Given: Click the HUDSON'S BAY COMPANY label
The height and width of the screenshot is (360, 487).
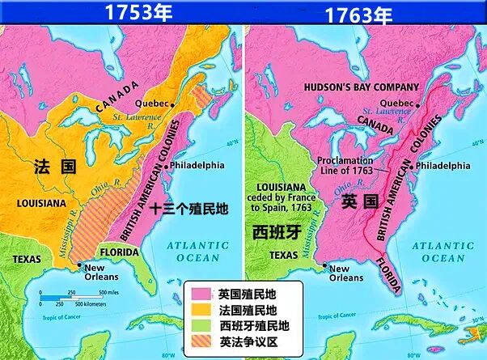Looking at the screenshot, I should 361,87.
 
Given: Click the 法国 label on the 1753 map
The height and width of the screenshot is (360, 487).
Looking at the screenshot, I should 54,167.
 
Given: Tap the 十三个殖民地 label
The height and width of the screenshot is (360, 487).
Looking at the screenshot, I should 189,208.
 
